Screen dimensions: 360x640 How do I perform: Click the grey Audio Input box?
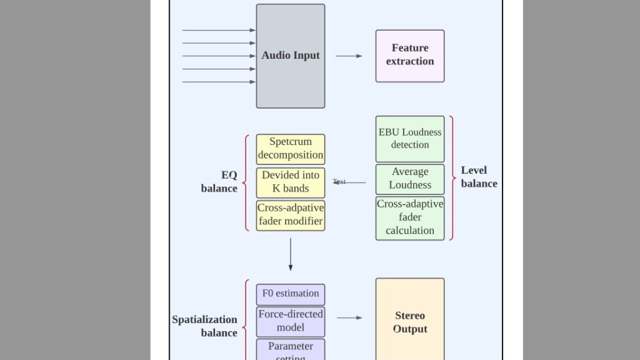pyautogui.click(x=291, y=56)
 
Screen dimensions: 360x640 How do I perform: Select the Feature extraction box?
pyautogui.click(x=410, y=56)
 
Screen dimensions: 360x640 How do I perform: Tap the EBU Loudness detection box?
pyautogui.click(x=410, y=139)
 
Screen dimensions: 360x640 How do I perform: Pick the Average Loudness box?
pyautogui.click(x=410, y=179)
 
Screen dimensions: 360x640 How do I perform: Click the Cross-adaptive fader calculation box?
pyautogui.click(x=410, y=217)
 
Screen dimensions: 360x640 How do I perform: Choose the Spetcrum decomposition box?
pyautogui.click(x=291, y=149)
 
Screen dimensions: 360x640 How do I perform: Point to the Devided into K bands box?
pyautogui.click(x=291, y=182)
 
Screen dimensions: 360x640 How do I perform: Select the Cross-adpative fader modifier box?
pyautogui.click(x=291, y=215)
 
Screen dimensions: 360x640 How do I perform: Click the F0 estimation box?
pyautogui.click(x=291, y=294)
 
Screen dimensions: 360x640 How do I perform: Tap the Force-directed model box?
pyautogui.click(x=291, y=321)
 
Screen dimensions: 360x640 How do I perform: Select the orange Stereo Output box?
pyautogui.click(x=410, y=322)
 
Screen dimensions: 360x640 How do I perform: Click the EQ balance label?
pyautogui.click(x=220, y=182)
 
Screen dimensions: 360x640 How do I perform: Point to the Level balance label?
pyautogui.click(x=479, y=177)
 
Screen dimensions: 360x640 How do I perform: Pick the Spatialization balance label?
pyautogui.click(x=205, y=326)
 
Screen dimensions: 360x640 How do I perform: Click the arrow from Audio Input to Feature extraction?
pyautogui.click(x=349, y=56)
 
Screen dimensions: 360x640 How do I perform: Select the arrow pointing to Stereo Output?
pyautogui.click(x=349, y=318)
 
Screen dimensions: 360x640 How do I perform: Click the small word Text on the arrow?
pyautogui.click(x=339, y=182)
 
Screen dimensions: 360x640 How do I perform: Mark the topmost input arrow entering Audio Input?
pyautogui.click(x=219, y=30)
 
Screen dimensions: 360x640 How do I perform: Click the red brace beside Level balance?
pyautogui.click(x=451, y=178)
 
